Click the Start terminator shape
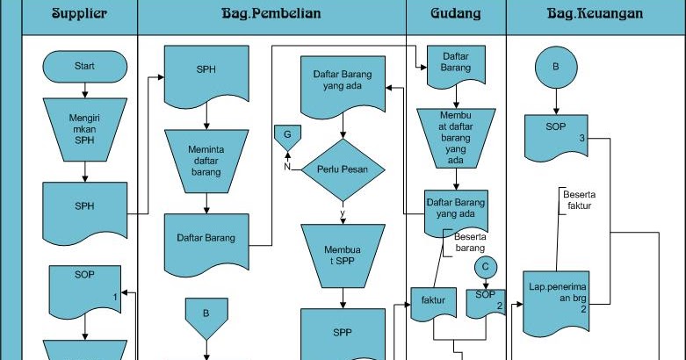click(84, 66)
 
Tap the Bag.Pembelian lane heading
click(271, 14)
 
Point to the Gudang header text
click(455, 14)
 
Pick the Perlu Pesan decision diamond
click(343, 169)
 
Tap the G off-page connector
click(286, 136)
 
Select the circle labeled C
click(485, 266)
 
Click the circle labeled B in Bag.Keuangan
click(555, 67)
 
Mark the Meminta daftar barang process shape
click(206, 161)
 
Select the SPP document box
click(343, 334)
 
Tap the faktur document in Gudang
click(432, 302)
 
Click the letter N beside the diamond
click(286, 164)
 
